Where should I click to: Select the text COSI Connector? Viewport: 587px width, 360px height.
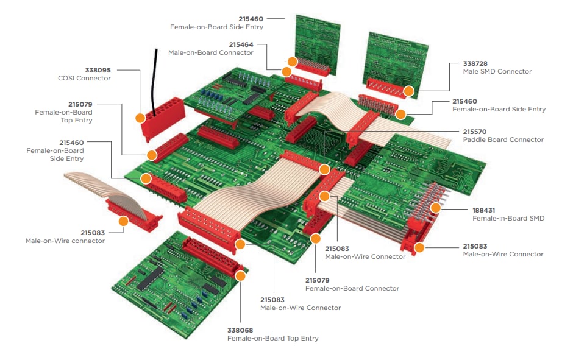pyautogui.click(x=84, y=79)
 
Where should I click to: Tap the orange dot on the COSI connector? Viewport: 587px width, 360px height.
pyautogui.click(x=141, y=118)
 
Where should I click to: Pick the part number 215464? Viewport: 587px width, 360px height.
pyautogui.click(x=241, y=44)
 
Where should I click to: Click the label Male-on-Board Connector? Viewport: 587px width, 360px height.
pyautogui.click(x=210, y=53)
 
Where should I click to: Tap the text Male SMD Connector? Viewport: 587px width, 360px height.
pyautogui.click(x=497, y=72)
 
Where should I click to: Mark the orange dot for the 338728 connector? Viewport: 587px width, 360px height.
pyautogui.click(x=408, y=92)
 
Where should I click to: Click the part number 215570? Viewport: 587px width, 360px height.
pyautogui.click(x=475, y=131)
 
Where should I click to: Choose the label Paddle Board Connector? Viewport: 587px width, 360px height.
pyautogui.click(x=503, y=140)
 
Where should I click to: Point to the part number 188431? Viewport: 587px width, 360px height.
pyautogui.click(x=485, y=209)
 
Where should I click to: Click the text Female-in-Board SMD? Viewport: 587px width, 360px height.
pyautogui.click(x=508, y=218)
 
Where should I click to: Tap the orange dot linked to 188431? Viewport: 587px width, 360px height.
pyautogui.click(x=435, y=208)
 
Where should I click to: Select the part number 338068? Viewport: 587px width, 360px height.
pyautogui.click(x=240, y=330)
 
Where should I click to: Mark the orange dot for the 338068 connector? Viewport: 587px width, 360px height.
pyautogui.click(x=240, y=275)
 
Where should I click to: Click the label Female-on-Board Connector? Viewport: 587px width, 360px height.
pyautogui.click(x=352, y=289)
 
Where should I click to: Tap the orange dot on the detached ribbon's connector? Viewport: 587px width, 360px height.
pyautogui.click(x=124, y=221)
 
